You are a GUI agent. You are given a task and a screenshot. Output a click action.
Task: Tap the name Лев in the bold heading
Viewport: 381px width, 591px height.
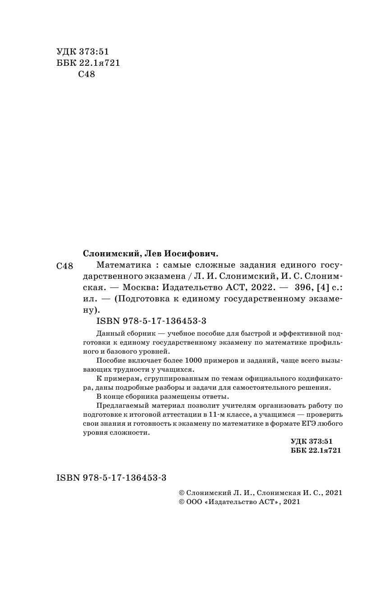[x=158, y=253]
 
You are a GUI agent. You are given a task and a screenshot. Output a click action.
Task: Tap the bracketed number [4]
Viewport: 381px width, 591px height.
[x=312, y=287]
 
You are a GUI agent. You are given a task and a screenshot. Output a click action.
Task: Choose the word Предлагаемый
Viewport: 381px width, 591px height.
[x=119, y=405]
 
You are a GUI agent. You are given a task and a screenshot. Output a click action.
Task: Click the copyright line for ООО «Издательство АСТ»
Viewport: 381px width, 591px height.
[x=239, y=502]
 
